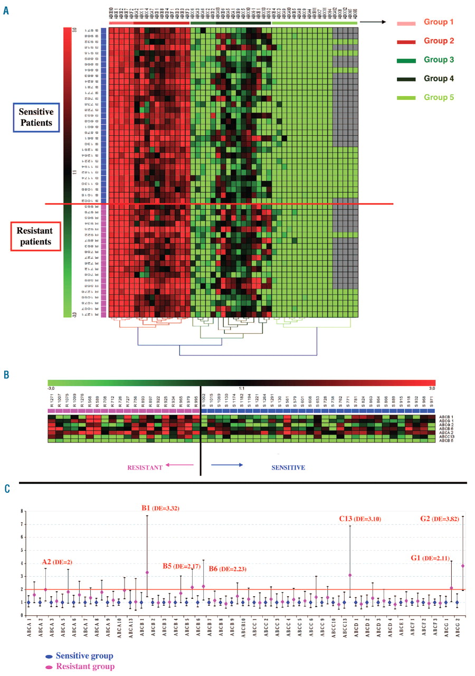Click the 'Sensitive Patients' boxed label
[36, 117]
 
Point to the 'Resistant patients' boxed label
[34, 236]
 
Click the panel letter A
[6, 10]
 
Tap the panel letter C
[6, 489]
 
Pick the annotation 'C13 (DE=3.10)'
[360, 519]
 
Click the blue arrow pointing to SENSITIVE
[227, 464]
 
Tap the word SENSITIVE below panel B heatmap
[288, 467]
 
